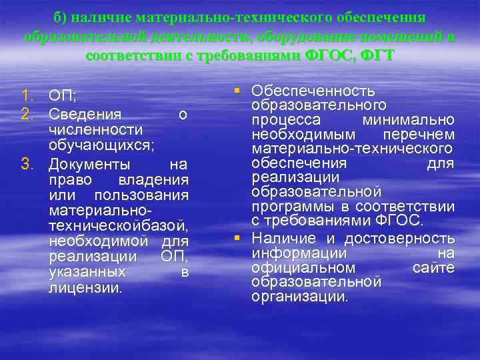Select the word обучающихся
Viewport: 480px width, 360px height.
click(101, 145)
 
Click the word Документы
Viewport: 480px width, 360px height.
click(90, 164)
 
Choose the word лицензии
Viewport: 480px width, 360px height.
click(85, 288)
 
